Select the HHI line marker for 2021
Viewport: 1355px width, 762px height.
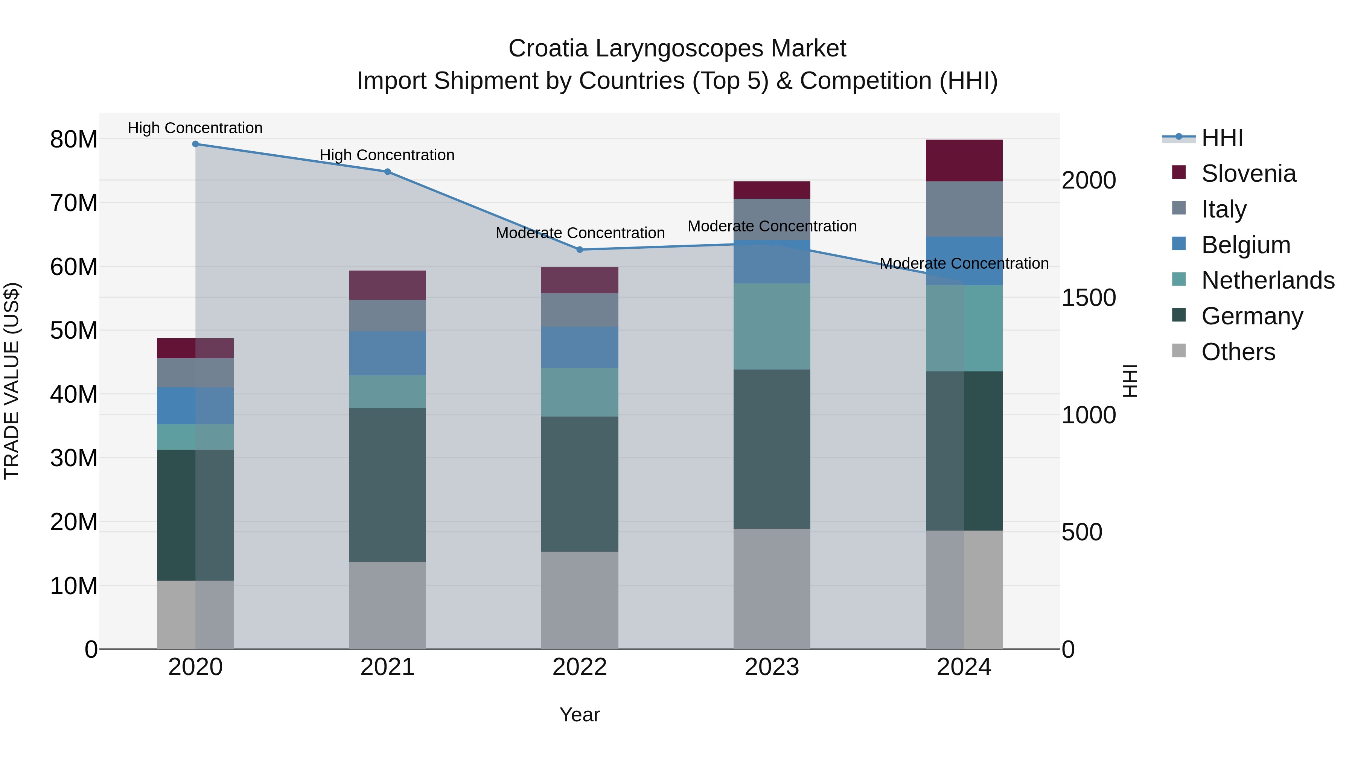(387, 172)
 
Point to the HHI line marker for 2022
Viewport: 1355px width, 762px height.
(580, 250)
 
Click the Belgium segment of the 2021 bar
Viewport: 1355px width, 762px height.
(387, 353)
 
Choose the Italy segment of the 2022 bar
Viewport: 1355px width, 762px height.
(580, 310)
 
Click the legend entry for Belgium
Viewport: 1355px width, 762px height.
(1245, 245)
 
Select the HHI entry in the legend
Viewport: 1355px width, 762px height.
(1221, 138)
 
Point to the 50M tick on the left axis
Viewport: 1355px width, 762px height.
(74, 331)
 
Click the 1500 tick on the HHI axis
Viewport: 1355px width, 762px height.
(1088, 298)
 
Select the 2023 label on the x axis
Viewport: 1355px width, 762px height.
(772, 667)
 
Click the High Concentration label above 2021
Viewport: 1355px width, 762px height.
(387, 155)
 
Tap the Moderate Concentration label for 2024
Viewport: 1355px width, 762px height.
(964, 263)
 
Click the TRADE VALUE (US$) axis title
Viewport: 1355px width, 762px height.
(12, 381)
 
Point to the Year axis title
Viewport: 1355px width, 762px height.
(580, 715)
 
